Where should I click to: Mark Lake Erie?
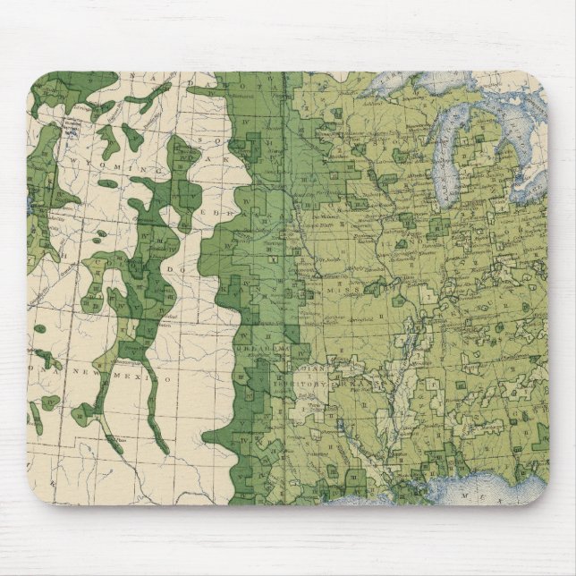[x=528, y=184]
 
